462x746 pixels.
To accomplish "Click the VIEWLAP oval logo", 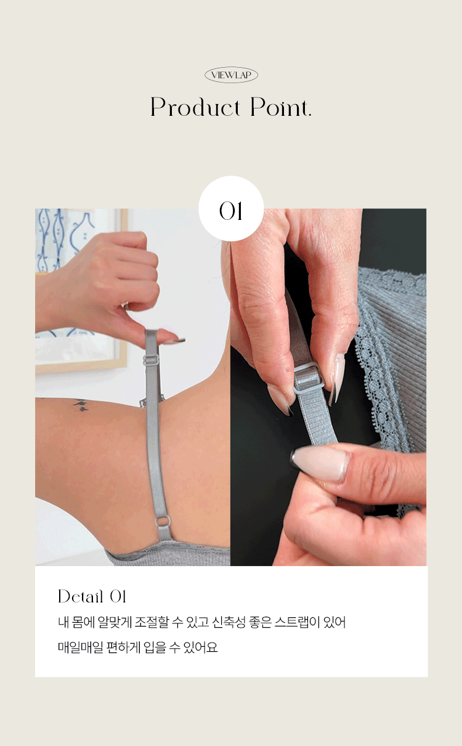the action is pos(231,75).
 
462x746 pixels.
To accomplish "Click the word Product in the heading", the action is pos(195,107).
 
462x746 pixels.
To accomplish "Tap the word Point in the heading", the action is pos(280,107).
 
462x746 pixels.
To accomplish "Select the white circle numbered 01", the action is pos(231,209).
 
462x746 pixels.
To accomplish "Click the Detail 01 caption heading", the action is pos(92,596).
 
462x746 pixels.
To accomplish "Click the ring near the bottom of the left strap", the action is pos(163,522).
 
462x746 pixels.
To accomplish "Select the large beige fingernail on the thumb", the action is pos(320,463).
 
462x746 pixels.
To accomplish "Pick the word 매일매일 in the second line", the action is pos(80,647).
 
